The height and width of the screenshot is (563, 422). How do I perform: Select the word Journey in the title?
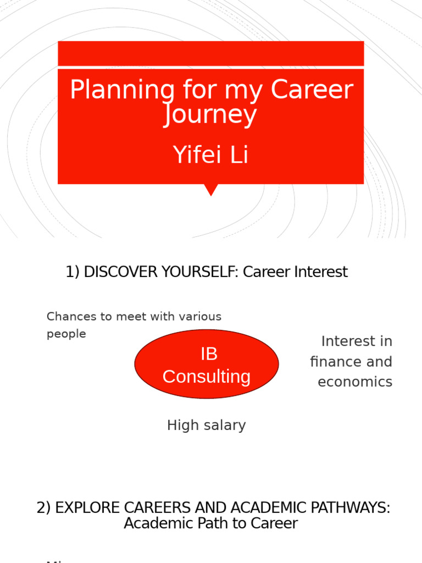coord(210,115)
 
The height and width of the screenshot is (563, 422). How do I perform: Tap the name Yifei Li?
coord(210,155)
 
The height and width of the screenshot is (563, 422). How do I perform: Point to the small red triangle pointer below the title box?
coord(210,189)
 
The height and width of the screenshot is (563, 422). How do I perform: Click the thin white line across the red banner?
coord(210,67)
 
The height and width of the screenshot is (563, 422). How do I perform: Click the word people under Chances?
coord(66,334)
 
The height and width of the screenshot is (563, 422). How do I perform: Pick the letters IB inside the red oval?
coord(209,354)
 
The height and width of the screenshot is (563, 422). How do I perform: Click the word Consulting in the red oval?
coord(207,377)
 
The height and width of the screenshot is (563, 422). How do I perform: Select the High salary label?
coord(206,425)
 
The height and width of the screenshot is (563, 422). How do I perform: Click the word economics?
coord(355,382)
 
